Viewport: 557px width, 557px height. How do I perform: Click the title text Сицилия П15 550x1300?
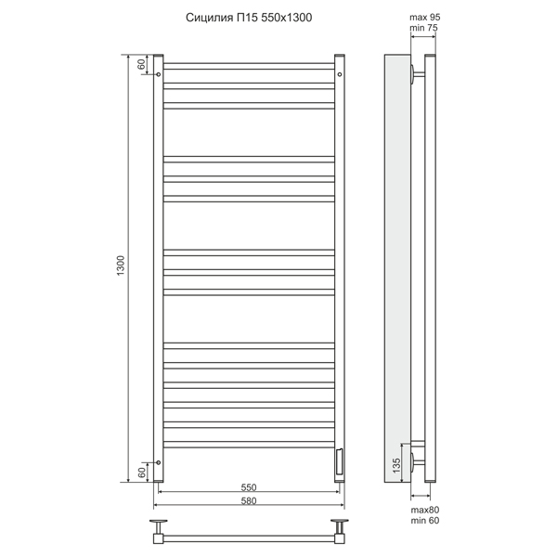[x=249, y=18]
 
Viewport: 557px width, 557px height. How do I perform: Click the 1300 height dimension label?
[x=121, y=266]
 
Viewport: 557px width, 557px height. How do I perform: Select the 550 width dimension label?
[x=249, y=487]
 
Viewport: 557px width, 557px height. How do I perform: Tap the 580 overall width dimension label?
[x=249, y=500]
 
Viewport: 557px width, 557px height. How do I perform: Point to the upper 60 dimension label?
[x=141, y=64]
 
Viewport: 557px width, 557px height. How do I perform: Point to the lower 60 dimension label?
[x=141, y=473]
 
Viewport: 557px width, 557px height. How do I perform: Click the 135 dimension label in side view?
[x=396, y=465]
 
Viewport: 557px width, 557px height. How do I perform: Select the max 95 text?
[x=425, y=17]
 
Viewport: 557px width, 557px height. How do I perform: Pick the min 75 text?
[x=423, y=28]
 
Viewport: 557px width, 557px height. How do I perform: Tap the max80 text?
[x=425, y=510]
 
